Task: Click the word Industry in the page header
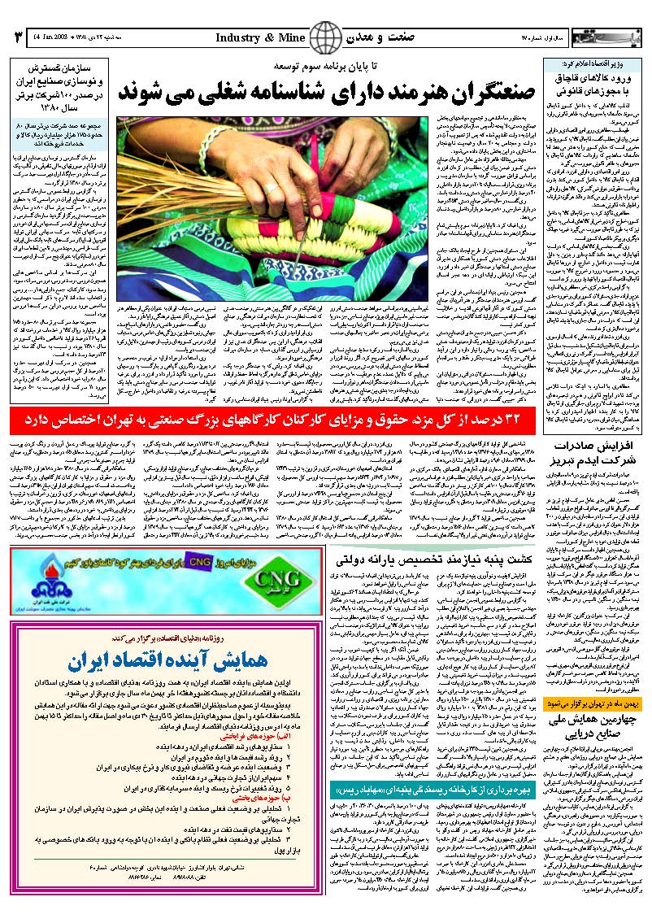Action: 240,37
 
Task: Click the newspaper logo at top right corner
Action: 602,37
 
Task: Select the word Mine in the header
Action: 291,37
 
